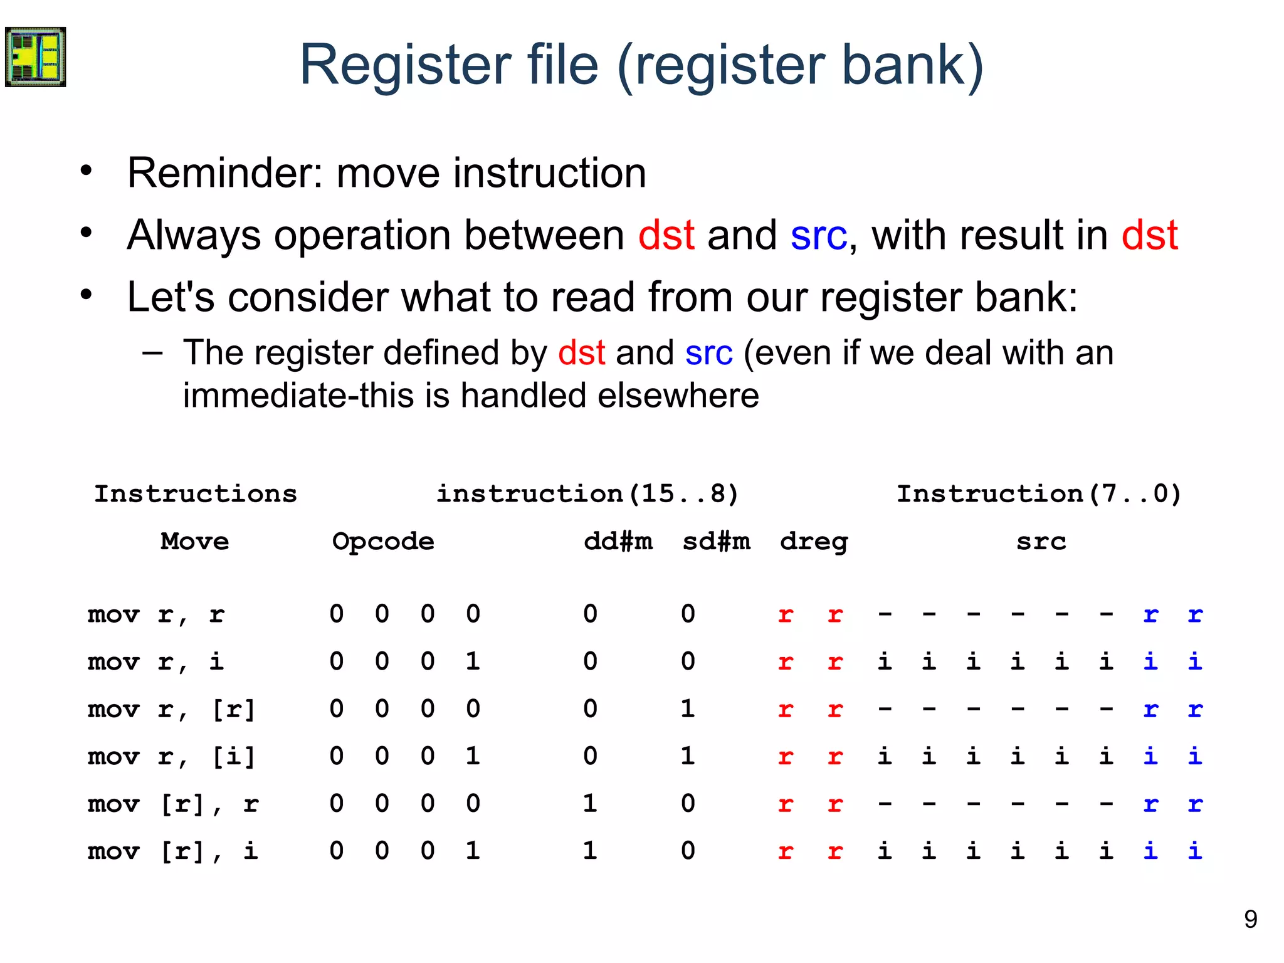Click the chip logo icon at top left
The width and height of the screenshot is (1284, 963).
click(x=35, y=57)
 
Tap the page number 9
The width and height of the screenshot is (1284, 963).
click(x=1250, y=919)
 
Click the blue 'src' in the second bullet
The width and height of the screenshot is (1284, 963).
click(x=818, y=236)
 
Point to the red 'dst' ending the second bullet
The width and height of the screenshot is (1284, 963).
click(x=1149, y=236)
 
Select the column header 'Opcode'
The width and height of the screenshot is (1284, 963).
click(x=383, y=541)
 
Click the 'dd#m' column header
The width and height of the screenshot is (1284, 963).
click(x=618, y=541)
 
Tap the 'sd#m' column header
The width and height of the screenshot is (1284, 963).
click(x=716, y=541)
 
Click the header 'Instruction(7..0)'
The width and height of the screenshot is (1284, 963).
click(x=1039, y=494)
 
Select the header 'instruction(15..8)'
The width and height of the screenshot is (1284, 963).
click(x=587, y=494)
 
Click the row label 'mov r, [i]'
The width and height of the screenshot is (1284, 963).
click(x=172, y=757)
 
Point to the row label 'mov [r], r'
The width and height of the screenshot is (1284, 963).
click(x=173, y=804)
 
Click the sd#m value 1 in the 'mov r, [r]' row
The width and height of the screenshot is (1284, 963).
click(x=688, y=709)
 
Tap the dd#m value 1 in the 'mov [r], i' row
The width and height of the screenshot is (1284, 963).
click(x=589, y=851)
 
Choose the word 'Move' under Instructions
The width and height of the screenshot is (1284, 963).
click(x=195, y=541)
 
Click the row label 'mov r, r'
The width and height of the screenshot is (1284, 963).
click(x=155, y=614)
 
